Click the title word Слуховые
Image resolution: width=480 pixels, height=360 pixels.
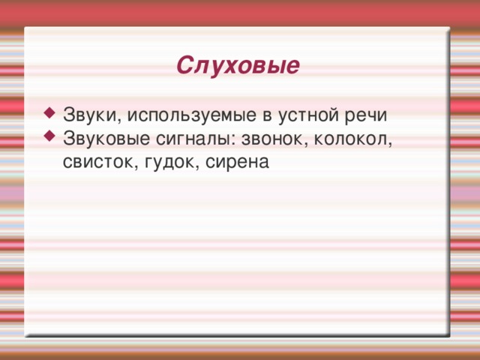[x=238, y=66]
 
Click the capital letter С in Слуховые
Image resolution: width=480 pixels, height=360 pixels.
[x=184, y=66]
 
